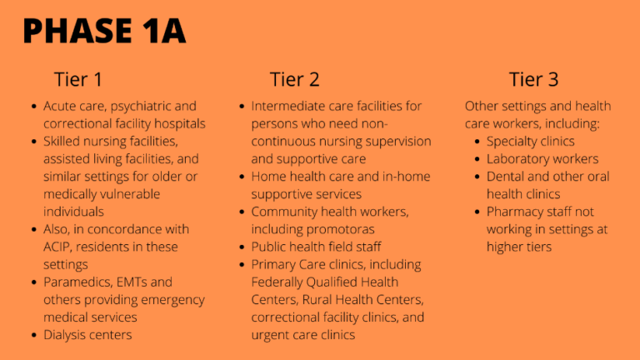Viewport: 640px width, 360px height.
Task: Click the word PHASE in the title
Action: pyautogui.click(x=77, y=31)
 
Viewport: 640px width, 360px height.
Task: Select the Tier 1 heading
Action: pyautogui.click(x=78, y=79)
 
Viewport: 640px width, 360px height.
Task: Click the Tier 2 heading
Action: pyautogui.click(x=294, y=79)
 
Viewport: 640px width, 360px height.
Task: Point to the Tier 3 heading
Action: pyautogui.click(x=533, y=79)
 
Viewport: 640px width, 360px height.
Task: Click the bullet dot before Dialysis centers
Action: pyautogui.click(x=34, y=335)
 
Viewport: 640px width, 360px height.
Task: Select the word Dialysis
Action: pyautogui.click(x=63, y=335)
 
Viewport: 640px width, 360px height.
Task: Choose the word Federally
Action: pyautogui.click(x=276, y=282)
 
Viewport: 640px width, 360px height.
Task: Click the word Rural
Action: pyautogui.click(x=316, y=300)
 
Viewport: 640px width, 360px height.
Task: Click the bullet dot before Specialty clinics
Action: pyautogui.click(x=477, y=141)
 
